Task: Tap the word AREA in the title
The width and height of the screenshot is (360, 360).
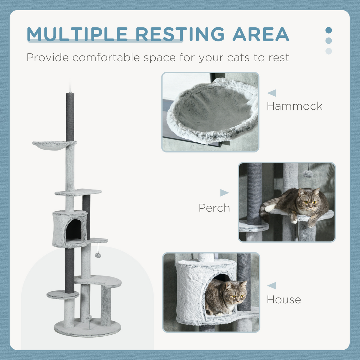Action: [261, 34]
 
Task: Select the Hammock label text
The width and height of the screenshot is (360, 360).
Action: [294, 106]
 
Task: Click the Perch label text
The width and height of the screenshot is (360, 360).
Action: [214, 208]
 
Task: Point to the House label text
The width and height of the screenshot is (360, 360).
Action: [284, 299]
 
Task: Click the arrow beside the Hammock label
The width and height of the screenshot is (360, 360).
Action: [272, 93]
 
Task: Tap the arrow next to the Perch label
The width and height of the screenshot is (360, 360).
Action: [224, 193]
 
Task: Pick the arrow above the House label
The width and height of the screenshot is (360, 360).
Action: [272, 286]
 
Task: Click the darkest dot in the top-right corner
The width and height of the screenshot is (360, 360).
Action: [329, 30]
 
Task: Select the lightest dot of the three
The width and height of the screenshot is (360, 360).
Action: [329, 51]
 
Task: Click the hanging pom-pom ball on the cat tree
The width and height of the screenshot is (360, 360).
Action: [98, 255]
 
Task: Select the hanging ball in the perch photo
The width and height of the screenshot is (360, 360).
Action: [308, 174]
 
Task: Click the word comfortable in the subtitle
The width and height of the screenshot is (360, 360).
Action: [107, 57]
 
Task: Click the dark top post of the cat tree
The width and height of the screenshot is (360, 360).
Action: [70, 117]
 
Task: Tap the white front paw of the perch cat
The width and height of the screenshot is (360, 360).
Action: [270, 208]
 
